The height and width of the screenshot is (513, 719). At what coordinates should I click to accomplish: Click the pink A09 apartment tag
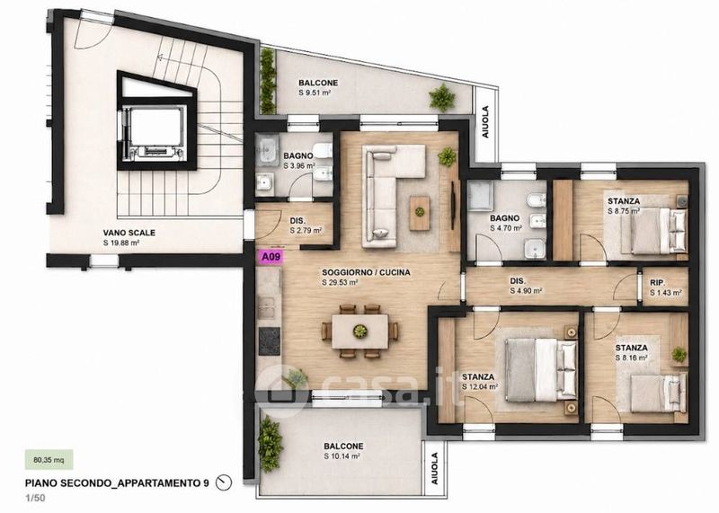271,257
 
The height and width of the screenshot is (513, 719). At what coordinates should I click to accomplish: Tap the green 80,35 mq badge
49,460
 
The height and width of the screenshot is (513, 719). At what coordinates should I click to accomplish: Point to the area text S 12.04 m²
480,386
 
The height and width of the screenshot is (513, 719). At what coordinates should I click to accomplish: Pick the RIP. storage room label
658,283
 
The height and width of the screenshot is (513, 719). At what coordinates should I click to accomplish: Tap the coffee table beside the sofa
420,213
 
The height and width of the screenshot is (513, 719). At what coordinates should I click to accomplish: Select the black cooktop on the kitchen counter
269,341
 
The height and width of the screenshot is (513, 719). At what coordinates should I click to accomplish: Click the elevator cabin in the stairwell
155,133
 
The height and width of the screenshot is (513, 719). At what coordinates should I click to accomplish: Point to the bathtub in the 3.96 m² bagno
266,151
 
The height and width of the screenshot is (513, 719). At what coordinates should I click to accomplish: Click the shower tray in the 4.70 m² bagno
480,196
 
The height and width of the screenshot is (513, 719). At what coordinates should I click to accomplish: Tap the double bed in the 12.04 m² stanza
540,369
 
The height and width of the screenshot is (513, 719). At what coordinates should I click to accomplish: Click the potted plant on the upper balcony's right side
442,97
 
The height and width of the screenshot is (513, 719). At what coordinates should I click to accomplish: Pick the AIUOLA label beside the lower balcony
434,469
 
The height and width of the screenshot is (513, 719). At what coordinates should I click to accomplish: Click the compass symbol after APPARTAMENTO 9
224,482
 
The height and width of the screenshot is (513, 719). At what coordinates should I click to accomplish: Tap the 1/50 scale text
35,498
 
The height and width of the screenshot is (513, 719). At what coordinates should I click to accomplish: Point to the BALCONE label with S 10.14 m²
343,446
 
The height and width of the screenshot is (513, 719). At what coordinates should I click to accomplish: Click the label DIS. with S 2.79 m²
297,220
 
